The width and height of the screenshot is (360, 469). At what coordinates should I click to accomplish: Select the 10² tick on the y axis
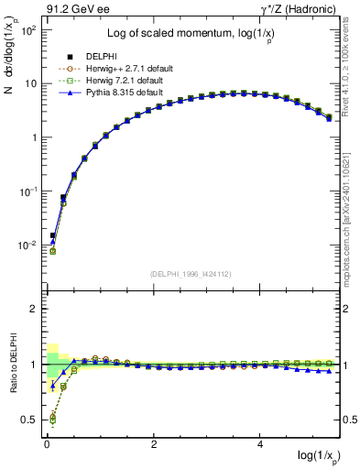pyautogui.click(x=27, y=29)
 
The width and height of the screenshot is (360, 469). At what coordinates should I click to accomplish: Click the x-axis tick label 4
pyautogui.click(x=262, y=445)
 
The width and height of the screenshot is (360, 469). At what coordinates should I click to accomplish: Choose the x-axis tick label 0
pyautogui.click(x=47, y=445)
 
